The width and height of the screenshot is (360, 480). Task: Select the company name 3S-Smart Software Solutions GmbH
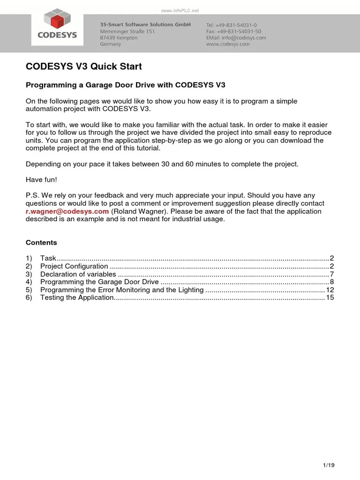coord(145,24)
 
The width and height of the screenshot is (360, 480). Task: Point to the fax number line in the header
coord(233,31)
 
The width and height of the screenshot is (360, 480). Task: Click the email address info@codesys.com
coord(236,37)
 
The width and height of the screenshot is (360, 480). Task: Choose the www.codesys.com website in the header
coord(228,44)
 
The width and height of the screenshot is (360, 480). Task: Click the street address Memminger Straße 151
coord(127,31)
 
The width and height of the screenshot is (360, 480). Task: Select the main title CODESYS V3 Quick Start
coord(83,67)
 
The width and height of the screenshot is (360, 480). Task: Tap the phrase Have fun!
coord(41,180)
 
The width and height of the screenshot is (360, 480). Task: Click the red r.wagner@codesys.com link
coord(67,211)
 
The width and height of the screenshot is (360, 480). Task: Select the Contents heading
coord(41,243)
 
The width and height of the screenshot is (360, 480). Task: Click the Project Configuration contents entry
coord(74,266)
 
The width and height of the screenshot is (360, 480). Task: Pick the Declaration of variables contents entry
coord(78,274)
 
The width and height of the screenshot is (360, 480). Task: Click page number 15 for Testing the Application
coord(330,298)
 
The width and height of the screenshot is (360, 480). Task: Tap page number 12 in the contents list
coord(330,290)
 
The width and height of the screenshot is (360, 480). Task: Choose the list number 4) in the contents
coord(29,282)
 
